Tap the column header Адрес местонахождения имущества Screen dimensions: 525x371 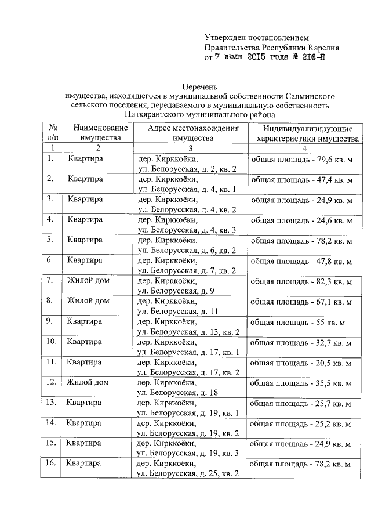(192, 133)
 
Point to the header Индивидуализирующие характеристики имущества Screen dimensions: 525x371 (307, 133)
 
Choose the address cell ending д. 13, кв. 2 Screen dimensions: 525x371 (187, 327)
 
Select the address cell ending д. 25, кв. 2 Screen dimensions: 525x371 (187, 469)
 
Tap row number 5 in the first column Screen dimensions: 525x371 (51, 240)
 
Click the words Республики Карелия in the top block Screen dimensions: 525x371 (301, 48)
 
